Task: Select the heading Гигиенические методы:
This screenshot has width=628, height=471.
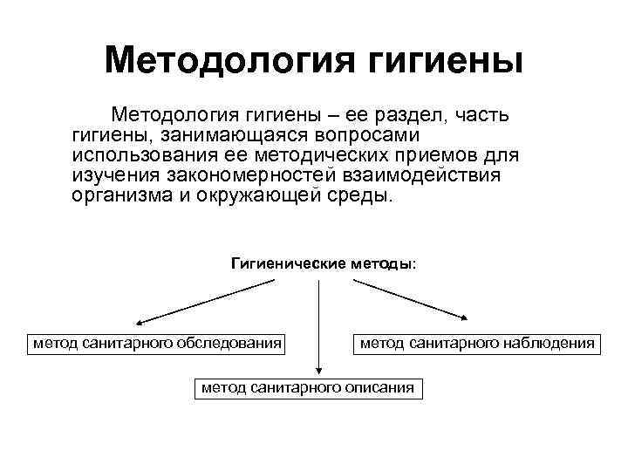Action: [323, 263]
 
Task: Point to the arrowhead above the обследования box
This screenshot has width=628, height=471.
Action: [139, 322]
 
